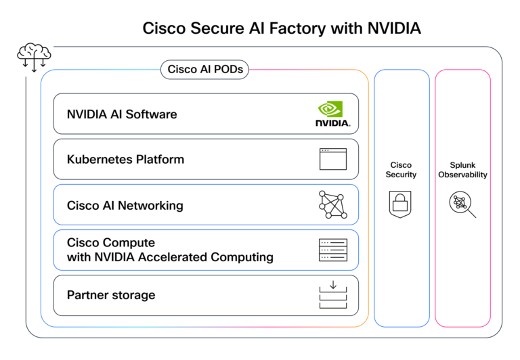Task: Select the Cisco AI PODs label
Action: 204,69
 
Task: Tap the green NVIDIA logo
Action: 332,114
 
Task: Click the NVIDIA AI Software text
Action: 122,114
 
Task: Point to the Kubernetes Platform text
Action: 125,160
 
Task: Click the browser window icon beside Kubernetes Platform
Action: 332,160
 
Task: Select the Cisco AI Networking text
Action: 125,205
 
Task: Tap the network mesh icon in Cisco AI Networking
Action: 332,204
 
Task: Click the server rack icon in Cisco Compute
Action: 332,250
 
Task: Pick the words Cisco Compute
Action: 111,242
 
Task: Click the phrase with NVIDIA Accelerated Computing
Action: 170,257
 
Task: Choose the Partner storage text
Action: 111,295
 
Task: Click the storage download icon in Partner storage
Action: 332,295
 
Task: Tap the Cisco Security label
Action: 402,170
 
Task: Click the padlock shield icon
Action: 401,204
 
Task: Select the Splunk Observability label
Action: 462,170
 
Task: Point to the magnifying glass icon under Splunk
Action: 463,204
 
